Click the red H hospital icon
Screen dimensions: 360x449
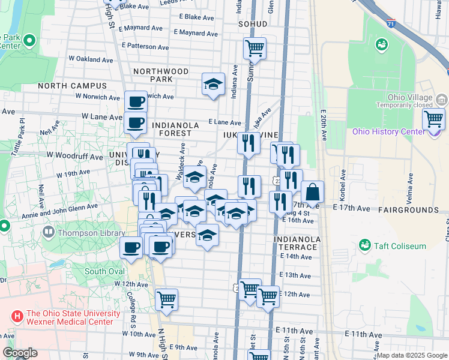click(17, 314)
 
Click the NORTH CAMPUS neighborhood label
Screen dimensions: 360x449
click(72, 86)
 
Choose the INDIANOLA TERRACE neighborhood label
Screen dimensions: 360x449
click(295, 242)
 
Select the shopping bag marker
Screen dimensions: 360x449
click(312, 192)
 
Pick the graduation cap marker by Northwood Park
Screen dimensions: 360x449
click(212, 84)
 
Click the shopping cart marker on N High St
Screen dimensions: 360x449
click(166, 299)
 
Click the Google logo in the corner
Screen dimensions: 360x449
click(20, 353)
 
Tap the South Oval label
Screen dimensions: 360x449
click(104, 271)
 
